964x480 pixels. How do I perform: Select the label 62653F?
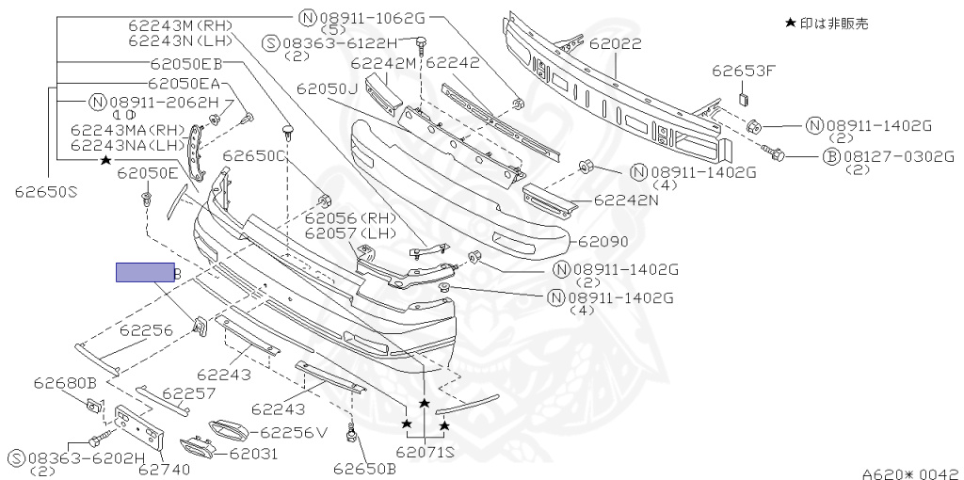coord(743,71)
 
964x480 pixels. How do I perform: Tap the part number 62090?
coord(603,242)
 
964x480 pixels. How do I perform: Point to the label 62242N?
coord(628,200)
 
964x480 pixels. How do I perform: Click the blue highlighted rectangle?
coord(145,273)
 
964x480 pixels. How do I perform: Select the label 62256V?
coord(293,433)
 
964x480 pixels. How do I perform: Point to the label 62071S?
coord(426,452)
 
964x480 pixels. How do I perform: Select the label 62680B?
coord(66,383)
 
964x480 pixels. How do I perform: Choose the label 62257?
coord(189,392)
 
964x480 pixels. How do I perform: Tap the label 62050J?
coord(327,88)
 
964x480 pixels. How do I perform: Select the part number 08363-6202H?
coord(86,457)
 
